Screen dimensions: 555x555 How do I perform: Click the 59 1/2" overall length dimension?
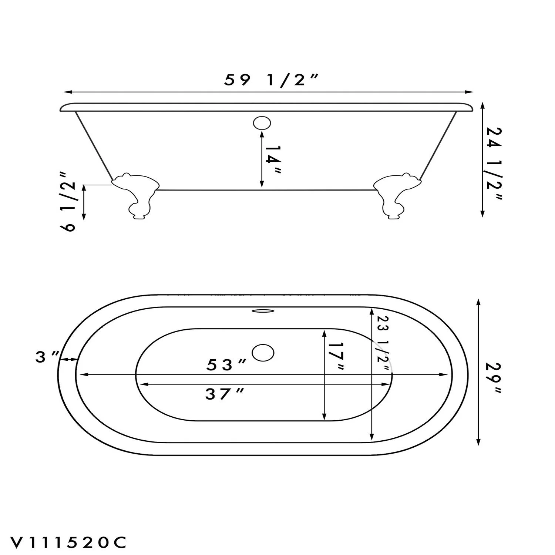point(271,80)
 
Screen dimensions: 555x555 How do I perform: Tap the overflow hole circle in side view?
point(262,123)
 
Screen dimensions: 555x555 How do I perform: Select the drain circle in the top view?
point(263,353)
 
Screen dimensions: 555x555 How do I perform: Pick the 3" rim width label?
point(47,357)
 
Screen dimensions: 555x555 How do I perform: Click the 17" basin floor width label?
point(336,356)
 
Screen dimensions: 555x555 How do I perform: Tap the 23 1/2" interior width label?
point(383,344)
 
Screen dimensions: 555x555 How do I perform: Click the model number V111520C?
point(69,542)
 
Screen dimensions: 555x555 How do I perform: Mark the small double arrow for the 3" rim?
point(69,359)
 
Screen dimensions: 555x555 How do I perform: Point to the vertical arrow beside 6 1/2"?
point(84,202)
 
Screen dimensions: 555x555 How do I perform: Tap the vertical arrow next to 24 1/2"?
point(482,159)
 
